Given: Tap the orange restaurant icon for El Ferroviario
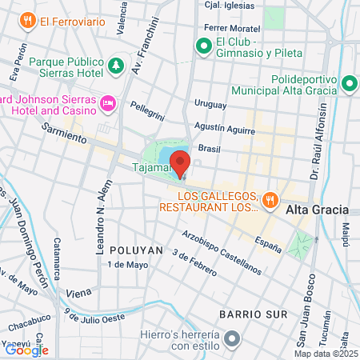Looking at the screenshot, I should click(x=27, y=20).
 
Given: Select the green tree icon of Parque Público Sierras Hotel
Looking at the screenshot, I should click(x=117, y=63).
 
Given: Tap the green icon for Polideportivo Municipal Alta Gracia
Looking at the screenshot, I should click(x=349, y=82).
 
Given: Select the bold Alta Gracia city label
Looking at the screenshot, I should click(x=318, y=210).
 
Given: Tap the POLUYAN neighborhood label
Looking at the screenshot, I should click(x=136, y=250).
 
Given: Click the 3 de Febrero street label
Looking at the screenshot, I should click(x=194, y=265).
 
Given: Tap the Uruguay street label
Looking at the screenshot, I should click(x=210, y=105).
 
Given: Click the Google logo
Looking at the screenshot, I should click(x=26, y=349).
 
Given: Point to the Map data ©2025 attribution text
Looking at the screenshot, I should click(x=325, y=354).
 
